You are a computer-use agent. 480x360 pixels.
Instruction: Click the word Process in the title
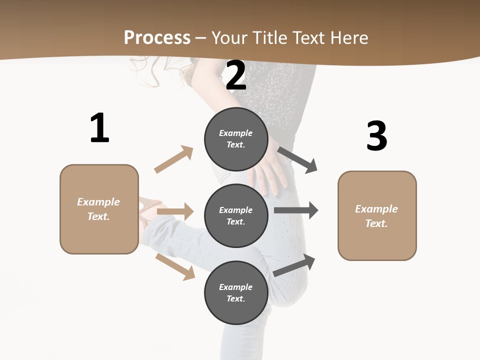tap(157, 38)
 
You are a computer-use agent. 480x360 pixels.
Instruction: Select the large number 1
tap(99, 128)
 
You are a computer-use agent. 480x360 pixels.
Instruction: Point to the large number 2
tap(236, 76)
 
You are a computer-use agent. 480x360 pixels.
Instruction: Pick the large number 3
tap(376, 136)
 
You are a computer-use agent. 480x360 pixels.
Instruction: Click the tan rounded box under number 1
tap(99, 209)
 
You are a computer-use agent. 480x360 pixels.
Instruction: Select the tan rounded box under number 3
tap(377, 216)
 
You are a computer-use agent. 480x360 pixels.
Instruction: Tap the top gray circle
tap(236, 139)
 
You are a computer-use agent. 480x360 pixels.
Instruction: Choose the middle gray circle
tap(236, 216)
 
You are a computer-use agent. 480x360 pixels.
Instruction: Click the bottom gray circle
tap(236, 293)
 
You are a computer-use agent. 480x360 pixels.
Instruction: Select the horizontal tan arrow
tap(175, 211)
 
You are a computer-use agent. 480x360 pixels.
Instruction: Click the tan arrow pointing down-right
tap(175, 266)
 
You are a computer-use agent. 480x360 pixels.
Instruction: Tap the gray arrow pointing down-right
tap(298, 160)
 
